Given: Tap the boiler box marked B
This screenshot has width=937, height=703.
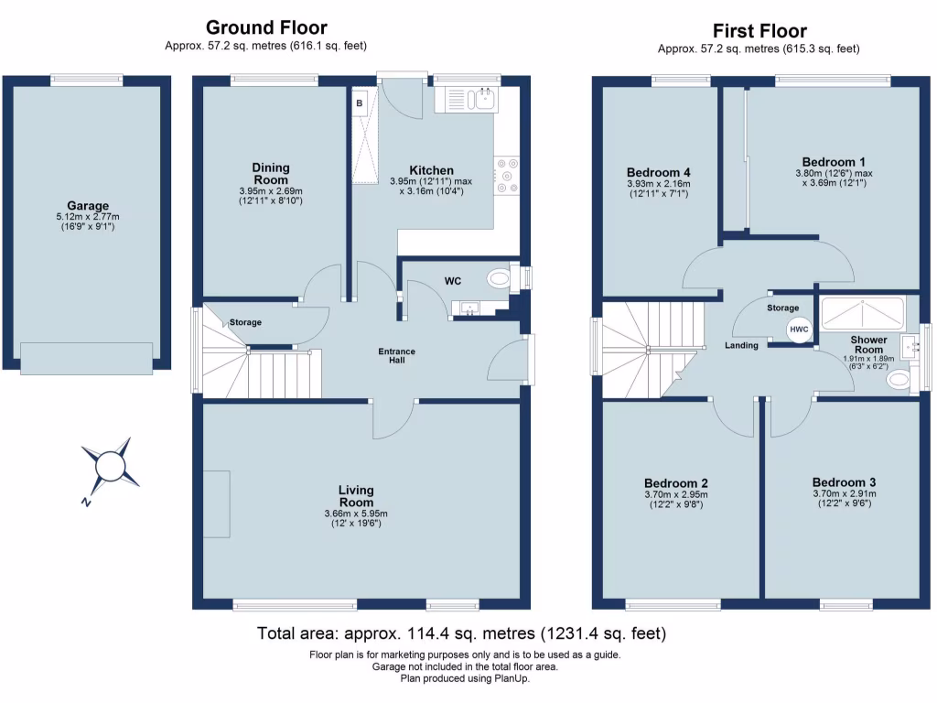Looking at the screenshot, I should (x=360, y=103).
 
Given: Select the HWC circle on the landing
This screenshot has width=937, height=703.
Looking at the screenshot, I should (x=799, y=330).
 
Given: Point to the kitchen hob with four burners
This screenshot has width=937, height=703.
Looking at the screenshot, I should (x=506, y=177).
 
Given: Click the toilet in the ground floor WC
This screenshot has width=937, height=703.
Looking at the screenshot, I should (x=499, y=277).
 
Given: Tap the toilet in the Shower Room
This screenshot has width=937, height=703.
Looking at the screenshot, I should (x=899, y=380).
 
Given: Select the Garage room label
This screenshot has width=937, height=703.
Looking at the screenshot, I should (x=88, y=206).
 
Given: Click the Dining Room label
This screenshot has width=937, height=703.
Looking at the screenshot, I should (x=271, y=173).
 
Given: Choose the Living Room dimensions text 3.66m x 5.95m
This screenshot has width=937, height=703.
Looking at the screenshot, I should (x=356, y=514).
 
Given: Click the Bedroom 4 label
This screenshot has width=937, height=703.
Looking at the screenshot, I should (x=659, y=172).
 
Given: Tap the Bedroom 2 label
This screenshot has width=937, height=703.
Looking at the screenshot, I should (x=676, y=483).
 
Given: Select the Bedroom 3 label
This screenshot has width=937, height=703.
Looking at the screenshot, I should (x=844, y=482).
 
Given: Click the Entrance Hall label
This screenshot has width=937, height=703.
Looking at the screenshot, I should (x=397, y=355).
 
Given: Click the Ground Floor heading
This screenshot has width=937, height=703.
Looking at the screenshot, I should (x=266, y=27).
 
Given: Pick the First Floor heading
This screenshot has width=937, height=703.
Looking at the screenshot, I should (x=759, y=31).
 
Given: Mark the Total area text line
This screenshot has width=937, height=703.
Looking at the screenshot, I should (x=461, y=633).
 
